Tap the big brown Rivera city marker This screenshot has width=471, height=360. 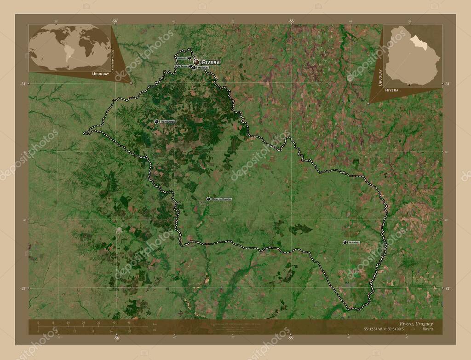point(196,62)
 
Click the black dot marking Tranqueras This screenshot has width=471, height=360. point(157,121)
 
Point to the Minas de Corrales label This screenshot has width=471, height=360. point(222,199)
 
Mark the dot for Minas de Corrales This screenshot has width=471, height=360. point(208,199)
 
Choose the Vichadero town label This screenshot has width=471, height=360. point(354,242)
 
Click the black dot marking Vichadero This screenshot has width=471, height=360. point(345,242)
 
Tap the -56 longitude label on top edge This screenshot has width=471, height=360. point(115,21)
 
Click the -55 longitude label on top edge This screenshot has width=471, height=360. point(291,21)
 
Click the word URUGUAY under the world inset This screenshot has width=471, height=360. point(100,74)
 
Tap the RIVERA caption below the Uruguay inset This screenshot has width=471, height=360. point(392,91)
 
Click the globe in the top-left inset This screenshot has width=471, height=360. point(70,47)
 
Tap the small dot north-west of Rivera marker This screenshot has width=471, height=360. point(189,58)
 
